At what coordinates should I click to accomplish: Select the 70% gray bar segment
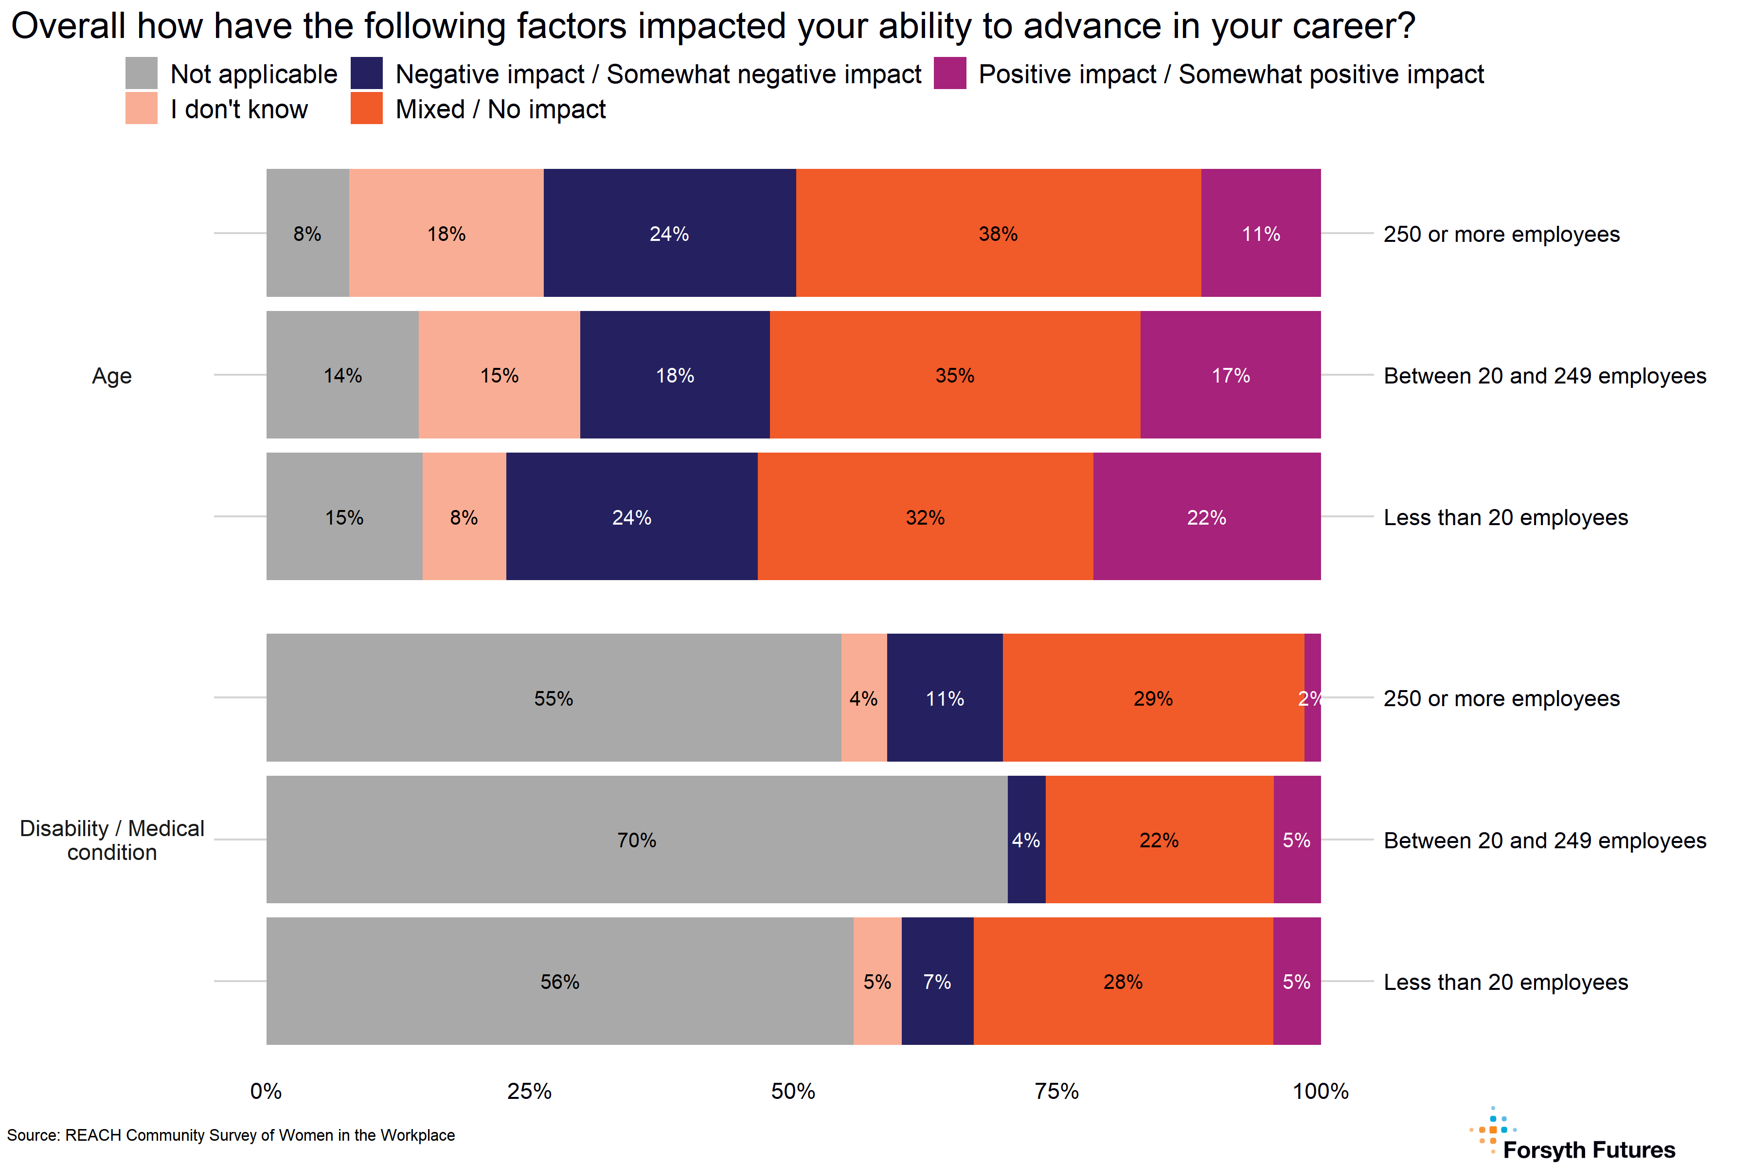click(x=637, y=839)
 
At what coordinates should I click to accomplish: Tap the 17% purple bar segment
click(x=1230, y=375)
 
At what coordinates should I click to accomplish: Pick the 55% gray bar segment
click(x=553, y=698)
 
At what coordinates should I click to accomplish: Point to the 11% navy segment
click(x=945, y=698)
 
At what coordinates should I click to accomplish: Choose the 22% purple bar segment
click(x=1206, y=517)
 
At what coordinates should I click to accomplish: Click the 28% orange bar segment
click(x=1123, y=981)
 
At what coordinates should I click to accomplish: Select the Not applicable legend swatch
click(x=142, y=73)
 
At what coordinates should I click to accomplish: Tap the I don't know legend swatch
click(x=142, y=108)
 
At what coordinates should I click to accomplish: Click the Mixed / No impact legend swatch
click(x=366, y=108)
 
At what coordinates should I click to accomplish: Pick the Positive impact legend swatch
click(x=950, y=73)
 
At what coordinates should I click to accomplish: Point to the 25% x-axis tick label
click(x=529, y=1091)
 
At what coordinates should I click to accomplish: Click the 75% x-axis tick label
click(x=1056, y=1091)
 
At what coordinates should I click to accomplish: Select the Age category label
click(x=112, y=375)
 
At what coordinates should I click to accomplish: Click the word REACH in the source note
click(x=93, y=1135)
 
